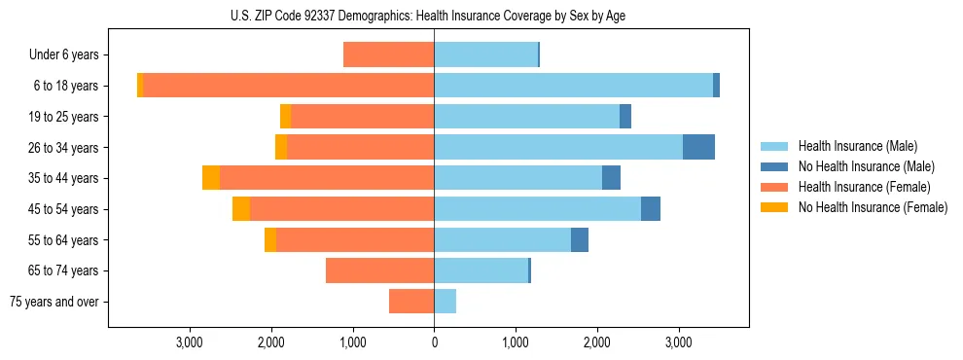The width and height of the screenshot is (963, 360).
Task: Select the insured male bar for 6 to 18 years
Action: (573, 86)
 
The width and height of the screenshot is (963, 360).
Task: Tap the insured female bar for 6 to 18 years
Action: (288, 86)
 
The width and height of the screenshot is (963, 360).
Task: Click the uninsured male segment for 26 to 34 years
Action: (698, 147)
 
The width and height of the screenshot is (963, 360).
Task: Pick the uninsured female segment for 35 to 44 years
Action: (211, 178)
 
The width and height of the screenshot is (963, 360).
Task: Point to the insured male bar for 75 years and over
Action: (445, 302)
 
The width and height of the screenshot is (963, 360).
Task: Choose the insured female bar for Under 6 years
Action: (388, 54)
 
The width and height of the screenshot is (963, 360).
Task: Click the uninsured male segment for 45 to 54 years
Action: (651, 209)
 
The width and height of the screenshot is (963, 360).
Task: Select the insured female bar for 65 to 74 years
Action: (379, 270)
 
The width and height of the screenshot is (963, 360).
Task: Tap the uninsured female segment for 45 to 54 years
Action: (241, 209)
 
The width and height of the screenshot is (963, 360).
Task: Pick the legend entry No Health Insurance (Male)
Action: (858, 166)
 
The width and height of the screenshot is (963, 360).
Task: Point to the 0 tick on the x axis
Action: (434, 342)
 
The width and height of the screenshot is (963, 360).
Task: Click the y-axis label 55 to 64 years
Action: (63, 240)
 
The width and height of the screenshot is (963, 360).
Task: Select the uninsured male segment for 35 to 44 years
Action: (611, 178)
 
